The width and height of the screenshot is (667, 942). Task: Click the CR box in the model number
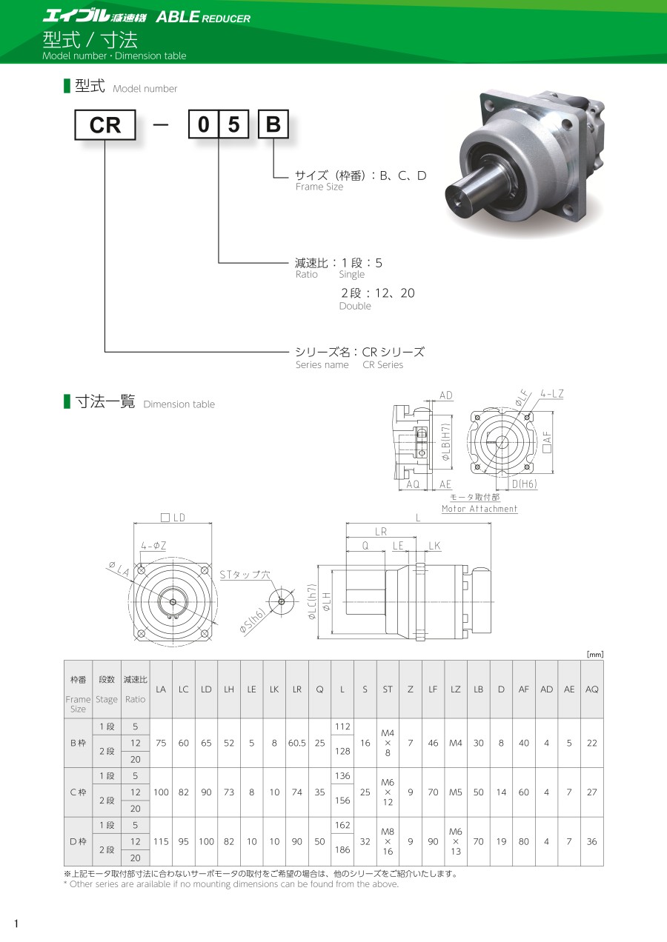point(105,124)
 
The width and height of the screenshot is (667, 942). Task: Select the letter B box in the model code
point(273,124)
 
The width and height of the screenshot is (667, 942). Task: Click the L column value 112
point(342,726)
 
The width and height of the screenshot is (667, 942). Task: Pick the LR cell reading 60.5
point(297,743)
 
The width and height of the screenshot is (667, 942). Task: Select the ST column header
point(388,689)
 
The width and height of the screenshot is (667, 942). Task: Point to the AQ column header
point(591,689)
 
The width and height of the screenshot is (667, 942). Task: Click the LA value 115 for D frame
point(161,841)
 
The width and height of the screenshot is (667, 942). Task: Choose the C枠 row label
point(79,792)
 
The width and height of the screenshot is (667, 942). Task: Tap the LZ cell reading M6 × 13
point(455,841)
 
